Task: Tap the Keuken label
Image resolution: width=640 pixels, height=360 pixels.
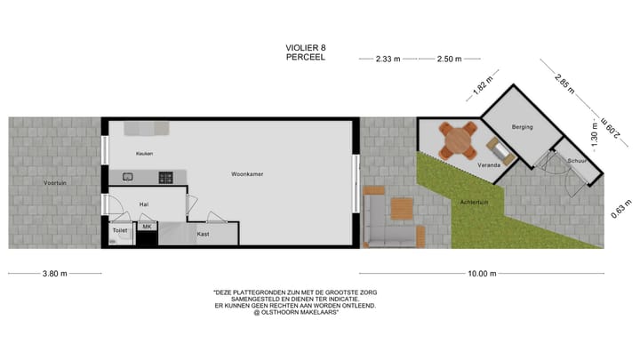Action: tap(145, 154)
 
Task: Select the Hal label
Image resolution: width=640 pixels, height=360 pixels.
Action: tap(144, 204)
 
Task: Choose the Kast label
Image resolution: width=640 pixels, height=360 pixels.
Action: tap(203, 234)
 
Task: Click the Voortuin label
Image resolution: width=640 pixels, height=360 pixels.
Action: tap(55, 183)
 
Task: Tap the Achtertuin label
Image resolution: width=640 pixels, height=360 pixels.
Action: tap(475, 203)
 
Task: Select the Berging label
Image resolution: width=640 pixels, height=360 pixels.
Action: tap(522, 127)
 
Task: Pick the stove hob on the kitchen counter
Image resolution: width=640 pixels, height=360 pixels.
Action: tap(166, 178)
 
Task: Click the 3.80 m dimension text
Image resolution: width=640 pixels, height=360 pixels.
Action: tap(55, 274)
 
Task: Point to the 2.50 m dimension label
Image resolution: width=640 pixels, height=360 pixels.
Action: tap(450, 60)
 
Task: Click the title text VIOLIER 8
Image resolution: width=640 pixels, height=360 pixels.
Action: tap(306, 47)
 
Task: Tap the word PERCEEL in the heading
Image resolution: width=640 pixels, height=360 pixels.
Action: tap(306, 57)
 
